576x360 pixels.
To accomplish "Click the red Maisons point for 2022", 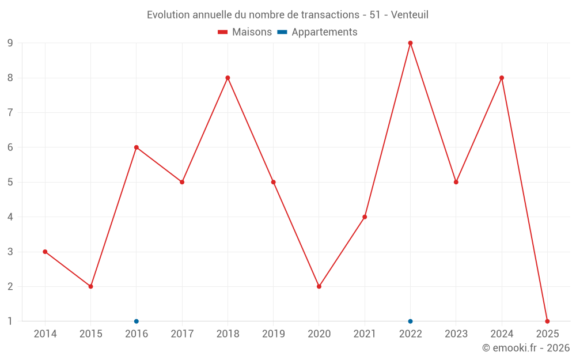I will click(x=410, y=43).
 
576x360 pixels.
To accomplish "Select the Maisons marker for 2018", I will click(x=228, y=78).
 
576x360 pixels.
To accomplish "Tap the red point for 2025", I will click(x=547, y=321).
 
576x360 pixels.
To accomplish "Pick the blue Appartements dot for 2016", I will click(x=137, y=321).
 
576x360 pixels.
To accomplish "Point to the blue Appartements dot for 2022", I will click(x=410, y=321).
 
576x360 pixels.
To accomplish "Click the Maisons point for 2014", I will click(x=45, y=252).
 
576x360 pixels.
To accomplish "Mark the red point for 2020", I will click(x=319, y=286).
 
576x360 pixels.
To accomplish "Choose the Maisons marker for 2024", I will click(x=502, y=78).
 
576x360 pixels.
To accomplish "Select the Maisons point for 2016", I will click(x=137, y=147).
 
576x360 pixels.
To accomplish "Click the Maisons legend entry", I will click(x=245, y=32).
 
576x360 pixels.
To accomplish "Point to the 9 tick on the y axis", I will click(x=10, y=43).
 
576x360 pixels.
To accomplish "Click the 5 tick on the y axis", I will click(x=10, y=182).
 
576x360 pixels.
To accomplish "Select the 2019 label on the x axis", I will click(x=274, y=334).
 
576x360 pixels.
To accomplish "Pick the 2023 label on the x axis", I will click(x=456, y=334).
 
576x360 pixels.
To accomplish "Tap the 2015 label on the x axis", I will click(x=90, y=334).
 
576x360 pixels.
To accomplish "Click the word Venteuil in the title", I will click(x=410, y=15).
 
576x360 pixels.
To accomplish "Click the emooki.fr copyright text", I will click(x=526, y=348).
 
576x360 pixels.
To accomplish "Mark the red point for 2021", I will click(x=365, y=217).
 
